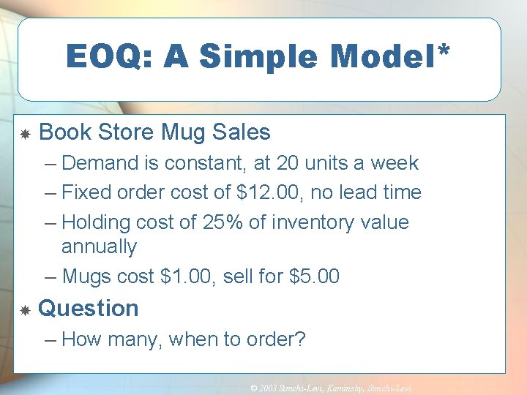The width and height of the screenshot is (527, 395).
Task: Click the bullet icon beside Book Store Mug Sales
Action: (x=24, y=134)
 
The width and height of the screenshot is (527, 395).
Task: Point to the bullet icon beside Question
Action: (x=24, y=310)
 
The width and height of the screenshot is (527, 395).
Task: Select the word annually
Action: (x=99, y=247)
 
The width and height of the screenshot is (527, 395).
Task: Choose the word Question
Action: (x=88, y=309)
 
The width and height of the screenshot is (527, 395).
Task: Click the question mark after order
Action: (x=300, y=339)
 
